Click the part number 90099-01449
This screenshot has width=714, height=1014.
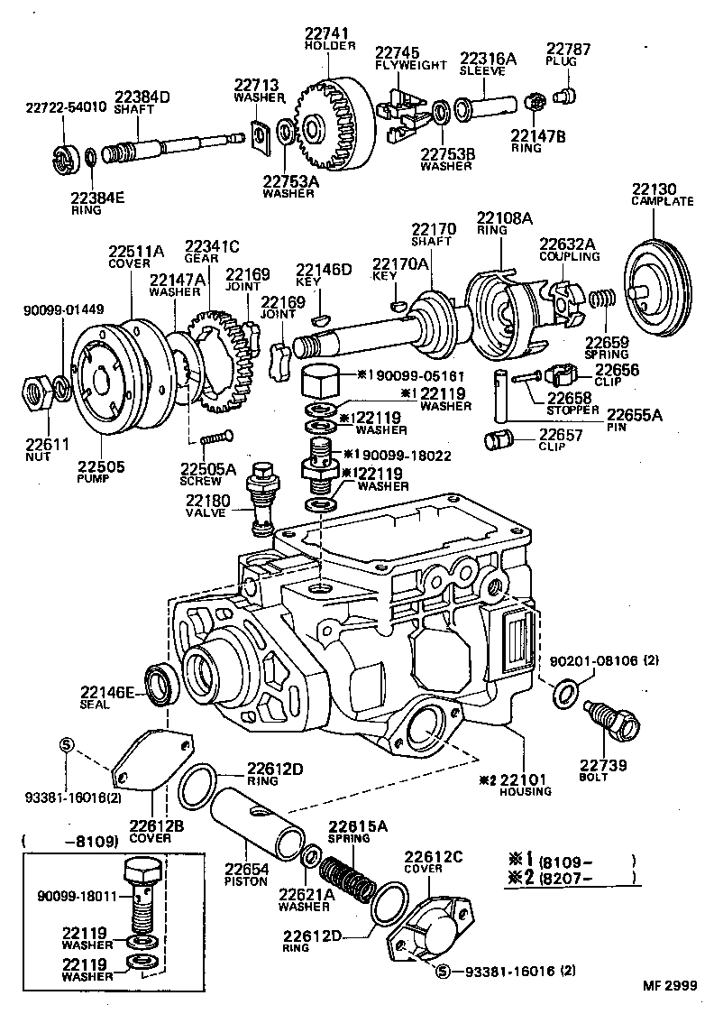pos(63,309)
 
